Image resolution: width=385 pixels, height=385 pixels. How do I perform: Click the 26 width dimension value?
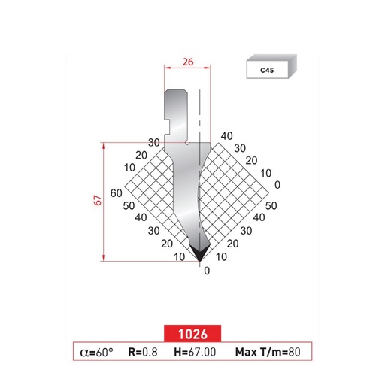187,63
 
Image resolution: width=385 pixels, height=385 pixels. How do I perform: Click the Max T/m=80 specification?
268,351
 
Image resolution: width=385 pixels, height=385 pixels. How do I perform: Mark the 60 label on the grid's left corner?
116,193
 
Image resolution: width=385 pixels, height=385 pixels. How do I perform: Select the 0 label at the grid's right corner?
277,184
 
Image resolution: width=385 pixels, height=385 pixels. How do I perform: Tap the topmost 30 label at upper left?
154,142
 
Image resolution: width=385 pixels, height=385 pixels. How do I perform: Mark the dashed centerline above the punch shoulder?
199,113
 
